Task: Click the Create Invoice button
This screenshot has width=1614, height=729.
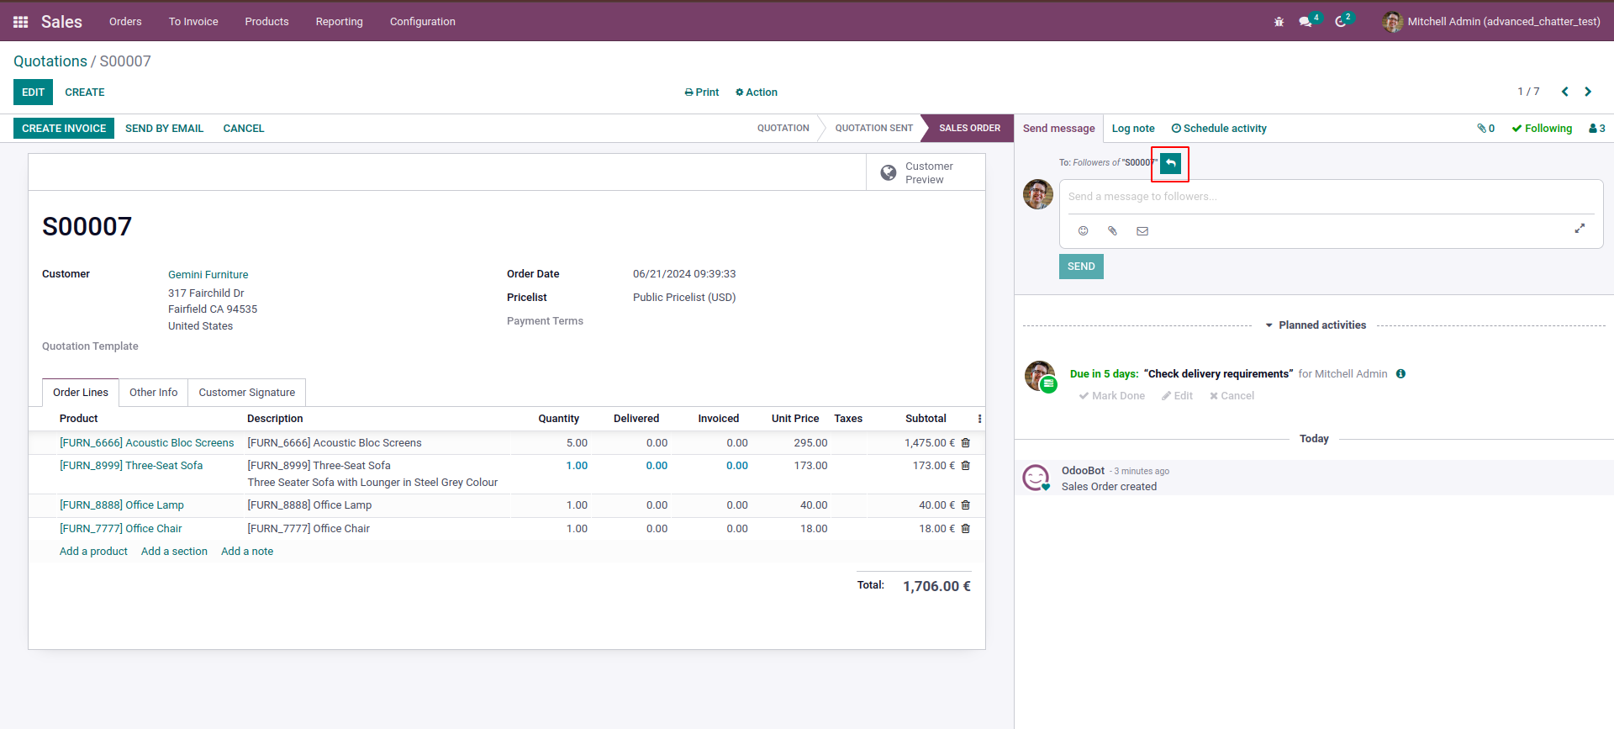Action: click(64, 129)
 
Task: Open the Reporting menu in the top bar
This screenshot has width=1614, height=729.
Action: click(339, 22)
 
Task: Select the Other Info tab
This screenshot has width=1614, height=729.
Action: click(153, 393)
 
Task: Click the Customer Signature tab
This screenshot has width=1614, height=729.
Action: click(246, 393)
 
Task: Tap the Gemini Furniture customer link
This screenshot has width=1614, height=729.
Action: click(208, 275)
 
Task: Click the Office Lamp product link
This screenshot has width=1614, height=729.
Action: click(121, 505)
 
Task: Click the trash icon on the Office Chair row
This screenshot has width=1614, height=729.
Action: click(966, 529)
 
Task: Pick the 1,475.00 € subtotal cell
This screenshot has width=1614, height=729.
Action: click(929, 443)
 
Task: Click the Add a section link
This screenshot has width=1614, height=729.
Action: click(174, 552)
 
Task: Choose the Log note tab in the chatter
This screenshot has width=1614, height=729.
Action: click(1132, 129)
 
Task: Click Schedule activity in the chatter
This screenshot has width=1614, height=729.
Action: click(1219, 129)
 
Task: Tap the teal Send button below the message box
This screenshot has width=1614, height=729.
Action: click(1081, 267)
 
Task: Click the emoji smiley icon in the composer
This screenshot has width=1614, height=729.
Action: click(1083, 230)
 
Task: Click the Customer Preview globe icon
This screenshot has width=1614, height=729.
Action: click(888, 172)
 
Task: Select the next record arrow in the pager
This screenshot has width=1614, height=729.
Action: click(1588, 92)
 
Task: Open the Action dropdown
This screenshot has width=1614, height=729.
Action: click(757, 92)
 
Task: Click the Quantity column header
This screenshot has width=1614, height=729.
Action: click(558, 419)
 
